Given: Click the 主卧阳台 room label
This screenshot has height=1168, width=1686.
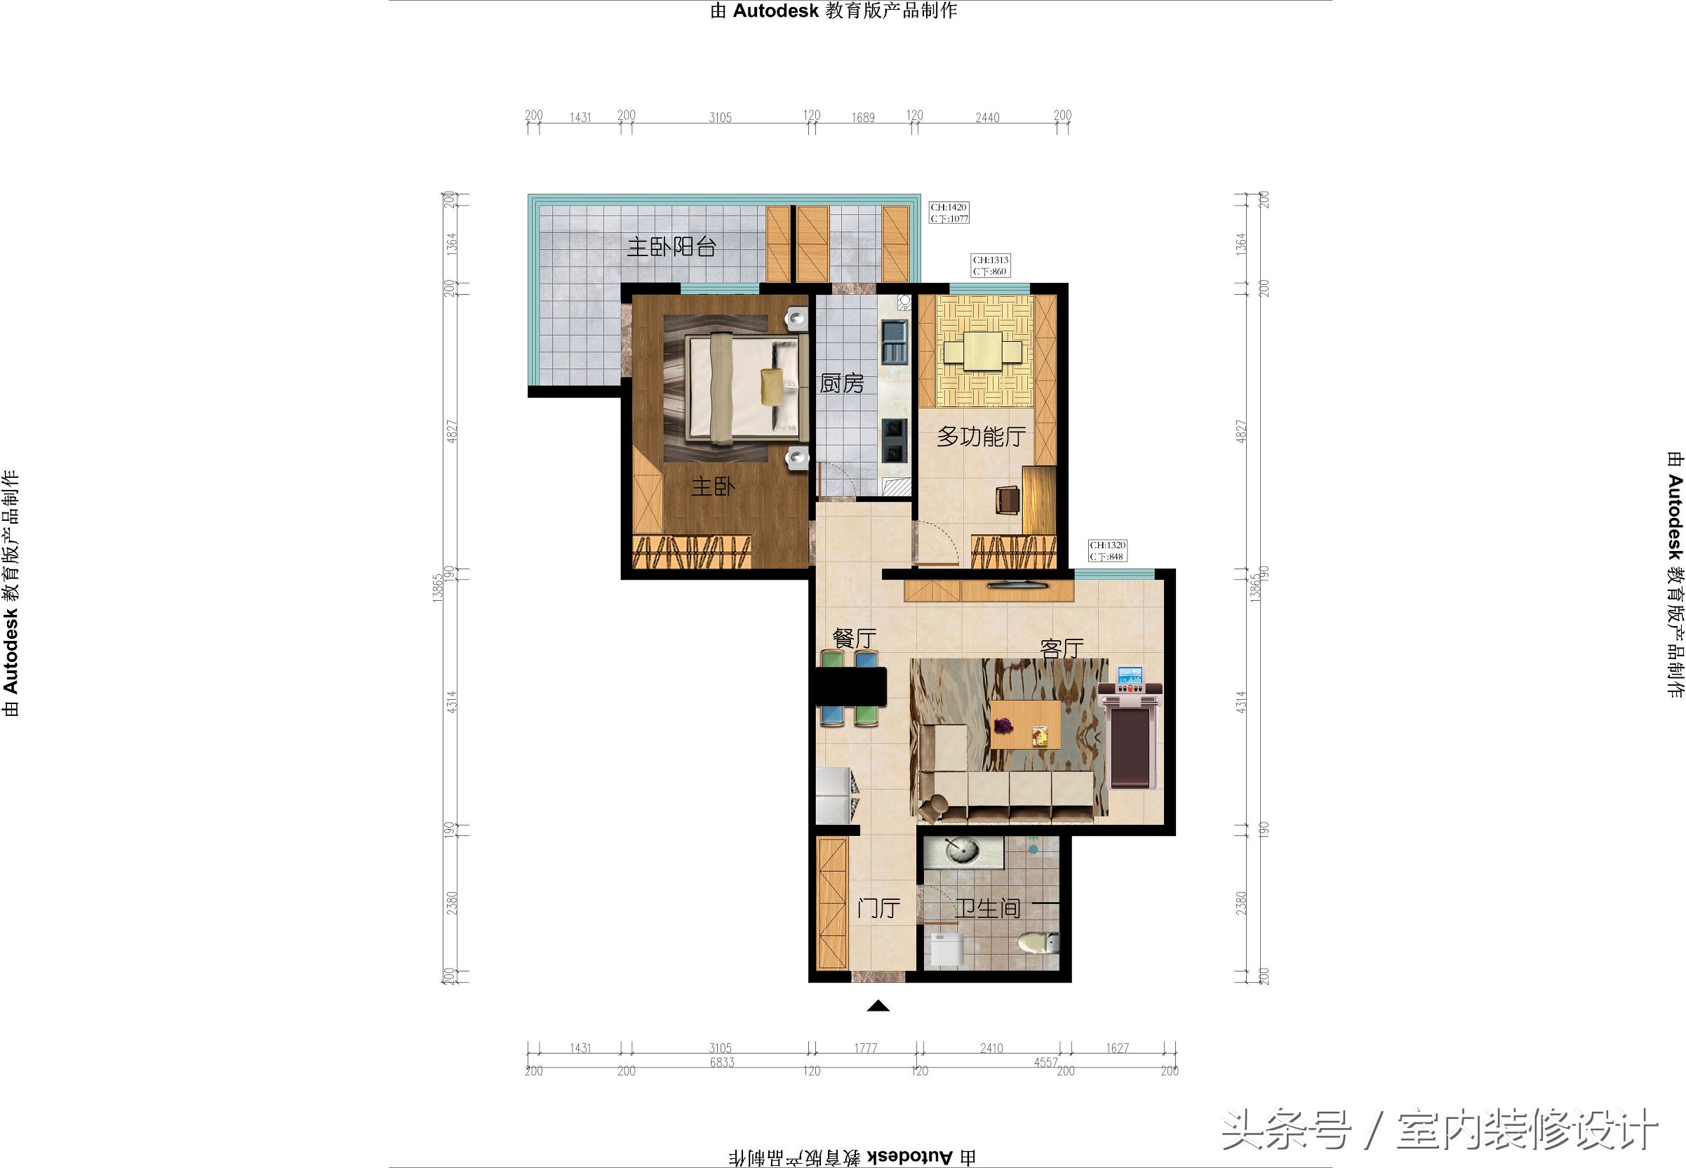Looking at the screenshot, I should (671, 247).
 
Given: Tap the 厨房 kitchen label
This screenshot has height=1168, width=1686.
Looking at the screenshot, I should (841, 383).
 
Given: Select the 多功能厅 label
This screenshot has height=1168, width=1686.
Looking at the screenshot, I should (981, 437).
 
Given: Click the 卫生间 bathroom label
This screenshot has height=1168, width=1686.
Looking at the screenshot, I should (987, 908).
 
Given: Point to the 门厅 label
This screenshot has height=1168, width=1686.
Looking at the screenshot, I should (878, 908).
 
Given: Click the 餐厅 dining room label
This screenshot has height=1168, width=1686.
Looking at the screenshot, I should (854, 638).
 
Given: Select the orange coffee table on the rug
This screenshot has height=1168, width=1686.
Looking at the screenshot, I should (1025, 724).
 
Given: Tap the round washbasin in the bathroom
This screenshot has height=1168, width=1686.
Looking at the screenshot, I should (963, 851).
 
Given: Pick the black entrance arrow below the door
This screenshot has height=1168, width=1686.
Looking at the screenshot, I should (878, 1007).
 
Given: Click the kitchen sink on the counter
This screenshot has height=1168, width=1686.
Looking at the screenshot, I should (894, 343).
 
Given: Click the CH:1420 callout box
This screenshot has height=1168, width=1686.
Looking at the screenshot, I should (949, 213).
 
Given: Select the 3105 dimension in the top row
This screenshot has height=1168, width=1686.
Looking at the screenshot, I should (720, 117).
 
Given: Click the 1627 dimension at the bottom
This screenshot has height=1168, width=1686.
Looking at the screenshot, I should (1117, 1048).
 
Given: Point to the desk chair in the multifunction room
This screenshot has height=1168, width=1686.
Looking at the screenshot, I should (1008, 500).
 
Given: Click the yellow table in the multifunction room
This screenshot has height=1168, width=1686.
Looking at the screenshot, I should (982, 351).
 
